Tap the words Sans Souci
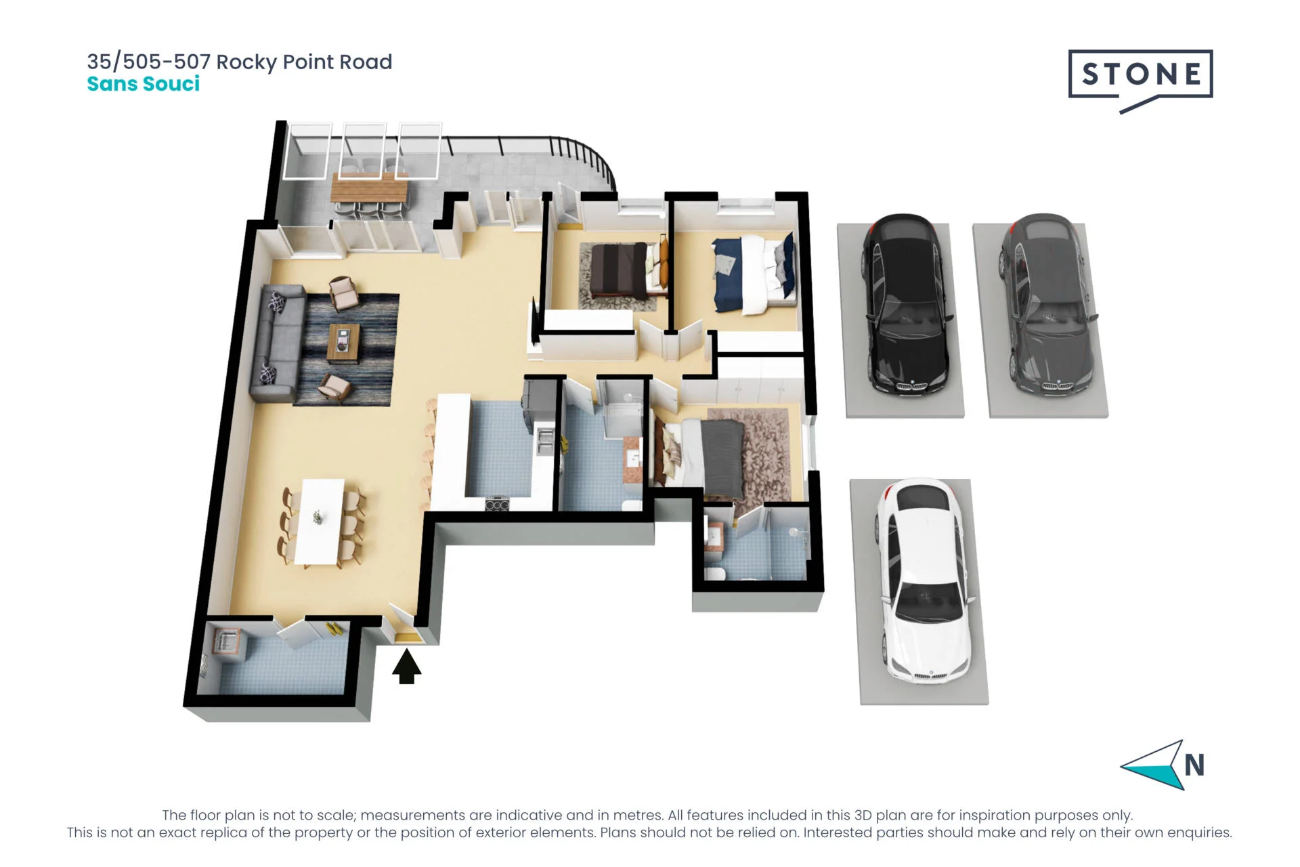[144, 84]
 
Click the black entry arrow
[406, 667]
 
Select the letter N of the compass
[1194, 765]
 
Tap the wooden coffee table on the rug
[344, 343]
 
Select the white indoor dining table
[320, 522]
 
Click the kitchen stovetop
[497, 504]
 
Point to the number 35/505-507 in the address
[148, 62]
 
